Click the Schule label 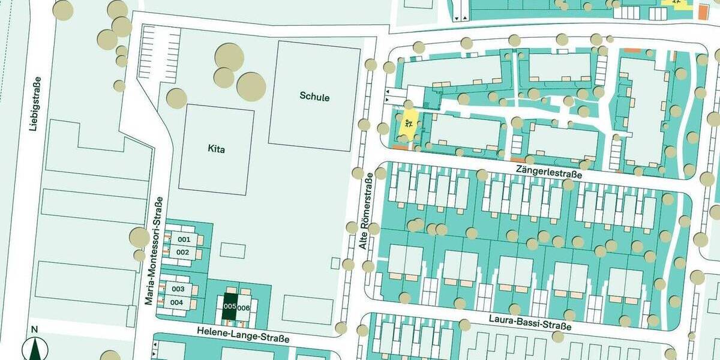click(x=315, y=97)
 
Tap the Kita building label click(x=216, y=149)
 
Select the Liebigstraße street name click(x=37, y=103)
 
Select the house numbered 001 click(x=184, y=239)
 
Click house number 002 click(x=183, y=252)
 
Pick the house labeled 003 click(x=178, y=289)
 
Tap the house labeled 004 click(x=176, y=302)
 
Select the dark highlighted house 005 click(x=229, y=306)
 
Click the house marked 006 click(x=244, y=308)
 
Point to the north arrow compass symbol click(x=34, y=350)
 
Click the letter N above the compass click(x=34, y=329)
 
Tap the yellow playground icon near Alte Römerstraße click(x=408, y=125)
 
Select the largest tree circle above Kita click(x=251, y=86)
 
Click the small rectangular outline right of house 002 click(x=232, y=250)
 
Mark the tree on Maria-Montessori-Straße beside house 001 click(x=139, y=238)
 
